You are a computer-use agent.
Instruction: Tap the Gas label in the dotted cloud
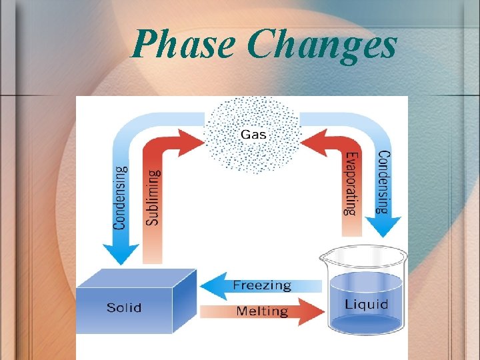pyautogui.click(x=253, y=134)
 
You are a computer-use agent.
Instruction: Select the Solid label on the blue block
pyautogui.click(x=124, y=307)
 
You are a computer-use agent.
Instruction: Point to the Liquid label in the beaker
pyautogui.click(x=366, y=305)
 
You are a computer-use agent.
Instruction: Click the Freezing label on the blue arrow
pyautogui.click(x=262, y=285)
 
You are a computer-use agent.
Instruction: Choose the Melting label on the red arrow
pyautogui.click(x=262, y=311)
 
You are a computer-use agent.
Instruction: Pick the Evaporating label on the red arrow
pyautogui.click(x=351, y=183)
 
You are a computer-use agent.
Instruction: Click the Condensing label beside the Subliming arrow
pyautogui.click(x=120, y=199)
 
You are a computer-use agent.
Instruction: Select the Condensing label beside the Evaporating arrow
pyautogui.click(x=383, y=181)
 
